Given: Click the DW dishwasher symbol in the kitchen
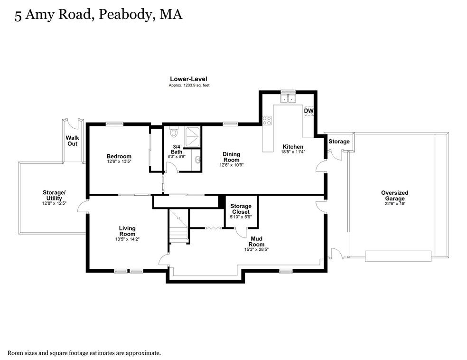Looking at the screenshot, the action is point(308,111).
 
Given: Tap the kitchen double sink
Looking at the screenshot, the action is point(288,98).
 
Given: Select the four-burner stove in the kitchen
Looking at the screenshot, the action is point(267,121).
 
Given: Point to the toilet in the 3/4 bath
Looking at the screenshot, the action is point(174,132).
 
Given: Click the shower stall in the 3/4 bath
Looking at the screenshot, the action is point(192,137).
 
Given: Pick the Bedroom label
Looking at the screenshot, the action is point(119,156).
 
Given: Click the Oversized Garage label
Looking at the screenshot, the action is point(395,196).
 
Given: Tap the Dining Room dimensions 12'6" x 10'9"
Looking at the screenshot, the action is point(232,165).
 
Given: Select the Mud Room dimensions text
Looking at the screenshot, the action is point(256,249).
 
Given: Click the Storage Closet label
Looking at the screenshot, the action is point(241,209).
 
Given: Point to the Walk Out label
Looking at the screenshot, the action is point(72,141).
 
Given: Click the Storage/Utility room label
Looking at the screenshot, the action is point(54,195).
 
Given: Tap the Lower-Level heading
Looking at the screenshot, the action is point(188,79).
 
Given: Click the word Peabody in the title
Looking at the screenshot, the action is point(125,14).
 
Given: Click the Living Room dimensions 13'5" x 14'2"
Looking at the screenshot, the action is point(127,239).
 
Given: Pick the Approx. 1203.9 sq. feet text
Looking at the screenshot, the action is point(189,85).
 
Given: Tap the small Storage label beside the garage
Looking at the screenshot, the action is point(339,142).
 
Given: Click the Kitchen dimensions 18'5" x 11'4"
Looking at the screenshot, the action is point(293,152).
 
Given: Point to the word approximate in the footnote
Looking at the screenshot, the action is point(143,353).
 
